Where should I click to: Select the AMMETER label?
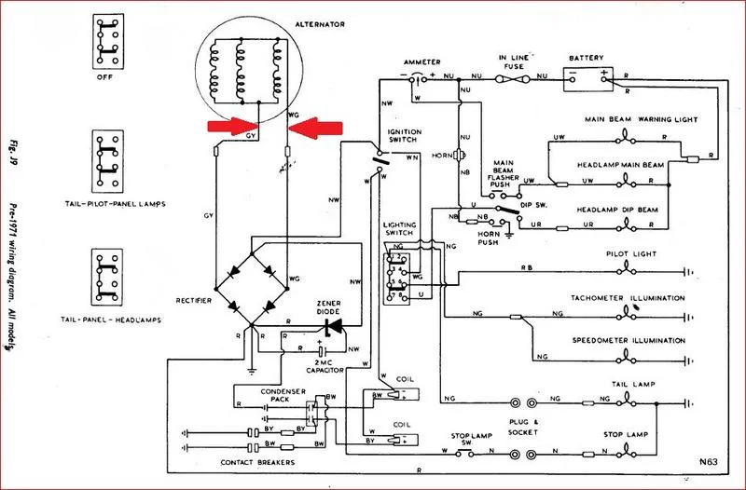(421, 59)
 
